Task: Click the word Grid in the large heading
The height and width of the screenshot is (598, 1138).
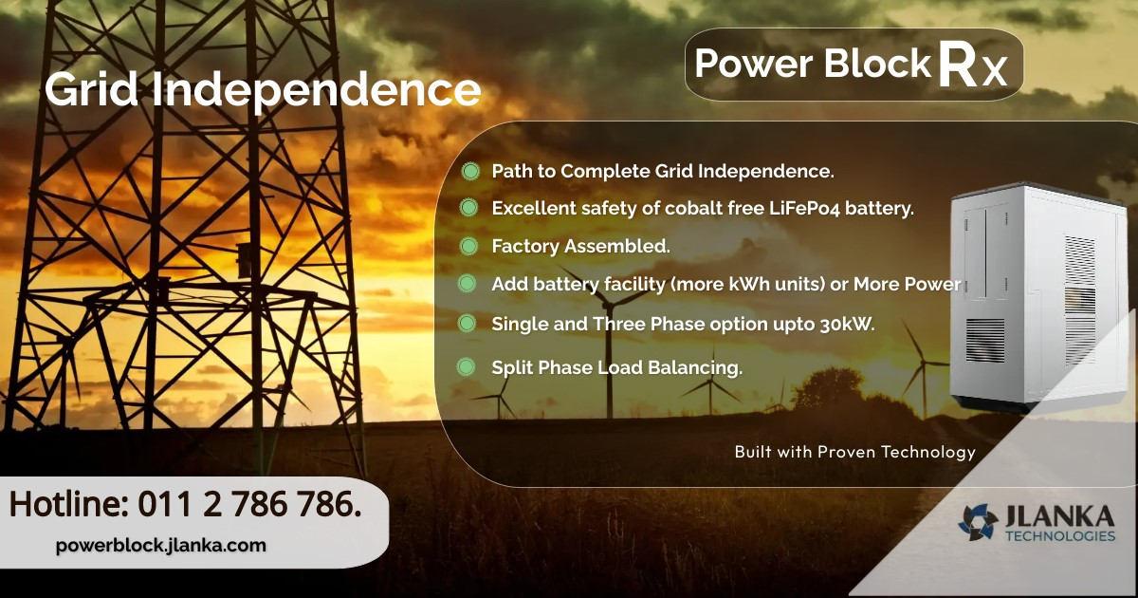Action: pos(92,89)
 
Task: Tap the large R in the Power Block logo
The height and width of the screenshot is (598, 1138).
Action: pos(959,64)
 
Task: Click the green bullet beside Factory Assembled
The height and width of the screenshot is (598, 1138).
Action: pos(468,246)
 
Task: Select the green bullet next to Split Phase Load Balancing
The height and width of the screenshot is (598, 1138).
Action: pos(466,366)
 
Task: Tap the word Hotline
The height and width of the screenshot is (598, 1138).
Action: pos(68,504)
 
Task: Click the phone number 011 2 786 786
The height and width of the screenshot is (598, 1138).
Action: pos(249,504)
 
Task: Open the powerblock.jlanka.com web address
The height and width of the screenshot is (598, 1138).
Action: pos(160,545)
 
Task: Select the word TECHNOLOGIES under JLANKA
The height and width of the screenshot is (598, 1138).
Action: pos(1060,536)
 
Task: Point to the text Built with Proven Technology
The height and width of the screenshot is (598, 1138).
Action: pos(855,452)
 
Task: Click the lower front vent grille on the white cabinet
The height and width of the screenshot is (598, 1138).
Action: pos(984,340)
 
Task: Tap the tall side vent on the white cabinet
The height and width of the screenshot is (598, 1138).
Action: pos(1080,301)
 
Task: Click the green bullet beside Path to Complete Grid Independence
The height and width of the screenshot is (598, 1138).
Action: pos(470,171)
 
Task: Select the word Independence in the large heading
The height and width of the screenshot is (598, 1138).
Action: pos(316,90)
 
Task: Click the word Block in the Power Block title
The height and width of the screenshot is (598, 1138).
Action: pos(876,64)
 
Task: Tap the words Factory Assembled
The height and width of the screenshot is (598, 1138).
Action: pos(580,247)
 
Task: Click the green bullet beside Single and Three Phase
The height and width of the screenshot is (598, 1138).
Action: pos(467,324)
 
